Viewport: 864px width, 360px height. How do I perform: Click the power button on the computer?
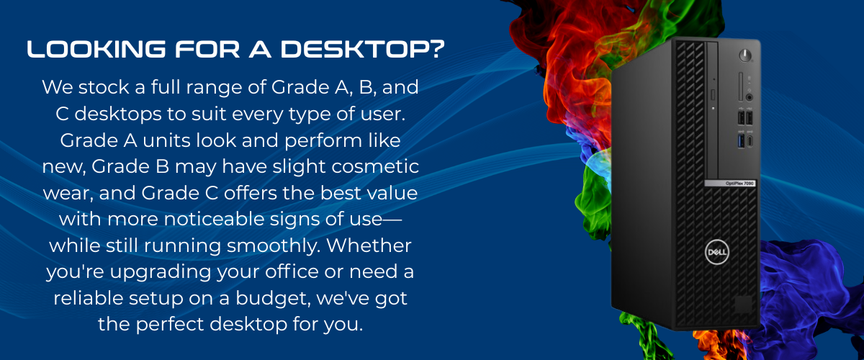pyautogui.click(x=745, y=55)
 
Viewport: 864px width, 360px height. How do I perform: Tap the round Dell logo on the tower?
pyautogui.click(x=716, y=253)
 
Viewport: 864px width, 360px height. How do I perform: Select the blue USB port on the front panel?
pyautogui.click(x=741, y=141)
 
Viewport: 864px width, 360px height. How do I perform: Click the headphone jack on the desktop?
pyautogui.click(x=750, y=98)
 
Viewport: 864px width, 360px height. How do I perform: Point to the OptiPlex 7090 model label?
pyautogui.click(x=730, y=184)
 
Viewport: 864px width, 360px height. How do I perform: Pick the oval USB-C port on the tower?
pyautogui.click(x=750, y=141)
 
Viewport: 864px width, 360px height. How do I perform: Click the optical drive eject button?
pyautogui.click(x=712, y=94)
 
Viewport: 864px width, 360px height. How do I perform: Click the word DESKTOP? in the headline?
pyautogui.click(x=363, y=50)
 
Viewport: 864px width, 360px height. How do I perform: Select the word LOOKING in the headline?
pyautogui.click(x=96, y=50)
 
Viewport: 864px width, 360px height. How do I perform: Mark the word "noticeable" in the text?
pyautogui.click(x=214, y=219)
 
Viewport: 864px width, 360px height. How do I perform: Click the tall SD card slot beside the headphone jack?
pyautogui.click(x=741, y=86)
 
